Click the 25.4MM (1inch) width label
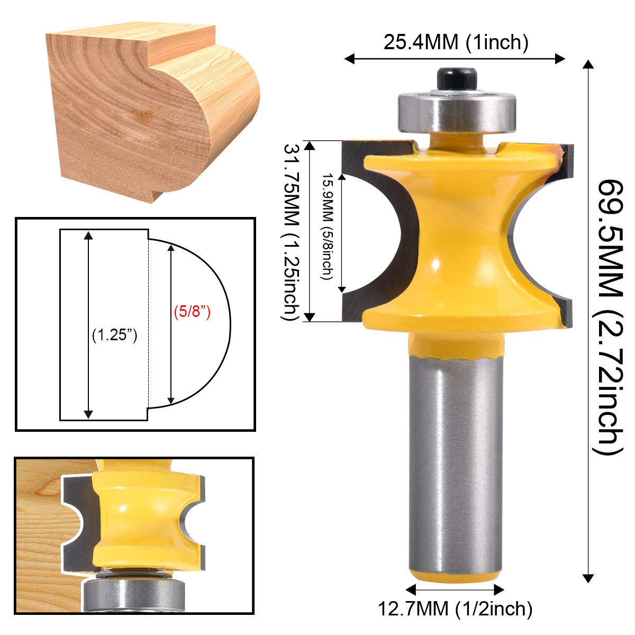(x=456, y=42)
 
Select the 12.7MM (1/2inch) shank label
(x=455, y=609)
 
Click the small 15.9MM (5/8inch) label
(x=328, y=226)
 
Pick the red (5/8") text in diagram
(x=193, y=312)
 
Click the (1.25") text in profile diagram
(x=114, y=335)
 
